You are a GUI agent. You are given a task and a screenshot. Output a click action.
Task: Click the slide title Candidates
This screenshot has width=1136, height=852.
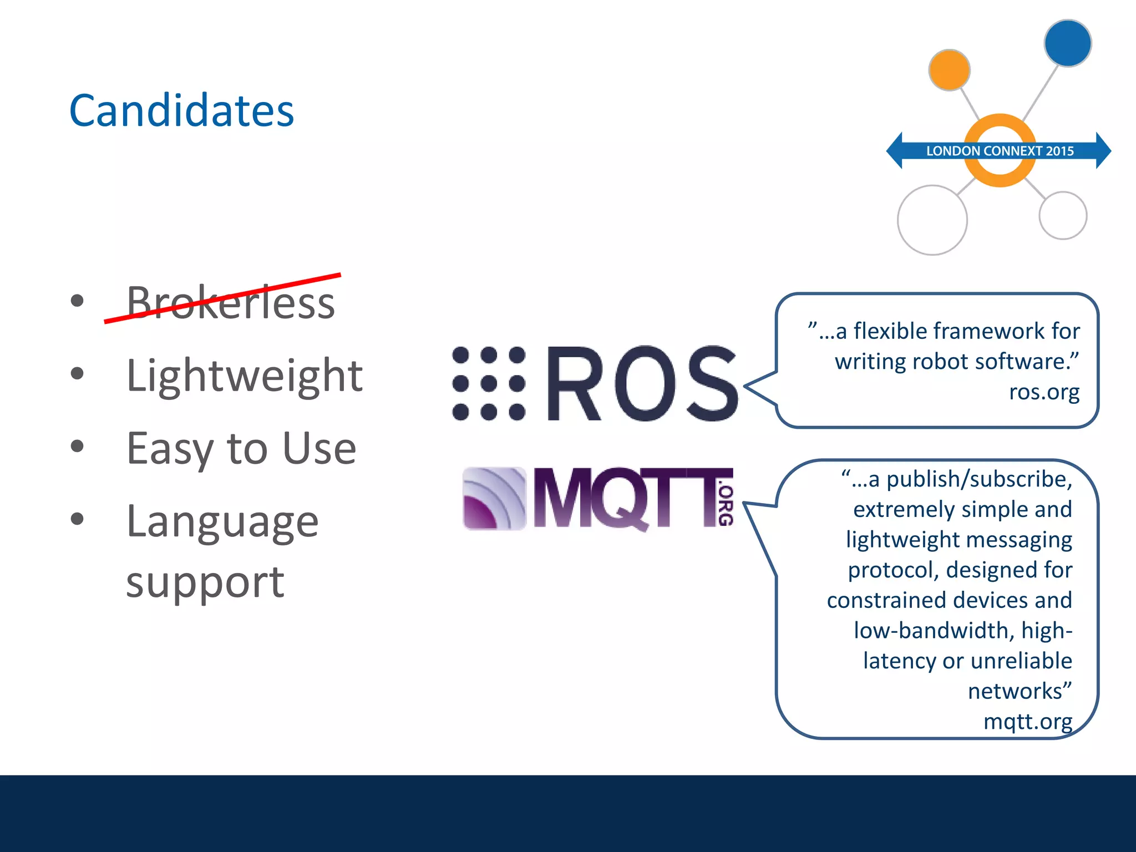tap(181, 110)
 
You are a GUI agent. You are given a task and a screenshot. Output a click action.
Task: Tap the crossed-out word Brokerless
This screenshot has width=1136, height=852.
tap(230, 302)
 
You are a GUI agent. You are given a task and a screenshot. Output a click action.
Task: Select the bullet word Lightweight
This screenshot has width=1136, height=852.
tap(244, 376)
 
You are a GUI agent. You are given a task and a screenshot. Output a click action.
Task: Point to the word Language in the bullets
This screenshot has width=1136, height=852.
tap(222, 521)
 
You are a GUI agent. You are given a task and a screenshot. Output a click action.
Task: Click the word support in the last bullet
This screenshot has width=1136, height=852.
tap(205, 582)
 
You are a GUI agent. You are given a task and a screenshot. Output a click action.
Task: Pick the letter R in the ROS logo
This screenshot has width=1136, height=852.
tap(574, 383)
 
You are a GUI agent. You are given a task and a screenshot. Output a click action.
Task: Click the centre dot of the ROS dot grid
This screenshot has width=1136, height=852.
tap(489, 383)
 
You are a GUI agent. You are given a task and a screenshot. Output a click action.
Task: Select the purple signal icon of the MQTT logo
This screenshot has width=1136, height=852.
tap(494, 498)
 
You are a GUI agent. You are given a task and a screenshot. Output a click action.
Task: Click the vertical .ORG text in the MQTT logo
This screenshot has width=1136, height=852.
tap(726, 505)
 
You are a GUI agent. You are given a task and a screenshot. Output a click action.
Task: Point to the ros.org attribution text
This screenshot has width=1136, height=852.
tap(1044, 392)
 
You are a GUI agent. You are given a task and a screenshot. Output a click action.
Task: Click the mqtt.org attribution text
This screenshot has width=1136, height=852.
tap(1027, 721)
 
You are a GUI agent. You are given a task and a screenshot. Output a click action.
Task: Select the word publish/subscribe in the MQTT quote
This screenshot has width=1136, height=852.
tap(979, 479)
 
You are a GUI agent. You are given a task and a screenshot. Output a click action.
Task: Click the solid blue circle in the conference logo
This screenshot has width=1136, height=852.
tap(1067, 43)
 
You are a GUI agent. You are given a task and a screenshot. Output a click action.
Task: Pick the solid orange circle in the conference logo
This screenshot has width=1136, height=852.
tap(949, 70)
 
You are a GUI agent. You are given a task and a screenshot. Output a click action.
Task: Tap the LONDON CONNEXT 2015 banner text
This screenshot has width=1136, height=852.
tap(1000, 151)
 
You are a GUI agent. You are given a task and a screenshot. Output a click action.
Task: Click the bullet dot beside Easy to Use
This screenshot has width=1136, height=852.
tap(77, 446)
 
